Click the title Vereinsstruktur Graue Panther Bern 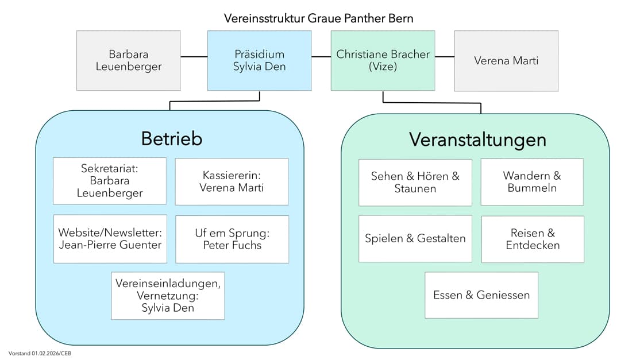(x=319, y=18)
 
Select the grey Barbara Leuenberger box (x=128, y=61)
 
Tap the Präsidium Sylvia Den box (x=259, y=61)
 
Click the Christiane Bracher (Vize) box (x=383, y=61)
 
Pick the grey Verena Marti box (x=506, y=61)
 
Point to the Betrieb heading (x=171, y=139)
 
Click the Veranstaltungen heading (x=477, y=140)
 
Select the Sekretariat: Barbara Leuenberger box (x=110, y=181)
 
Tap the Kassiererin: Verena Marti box (x=232, y=181)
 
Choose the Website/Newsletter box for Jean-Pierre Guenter (x=110, y=239)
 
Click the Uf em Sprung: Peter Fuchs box (x=232, y=239)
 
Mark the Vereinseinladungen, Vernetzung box (x=168, y=296)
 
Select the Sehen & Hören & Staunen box (x=415, y=182)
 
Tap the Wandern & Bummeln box (x=532, y=182)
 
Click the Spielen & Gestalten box (x=415, y=238)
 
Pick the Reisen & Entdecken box (x=533, y=239)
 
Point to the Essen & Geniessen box (x=481, y=295)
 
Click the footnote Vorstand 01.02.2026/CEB (x=40, y=353)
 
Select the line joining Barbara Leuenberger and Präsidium (x=194, y=57)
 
